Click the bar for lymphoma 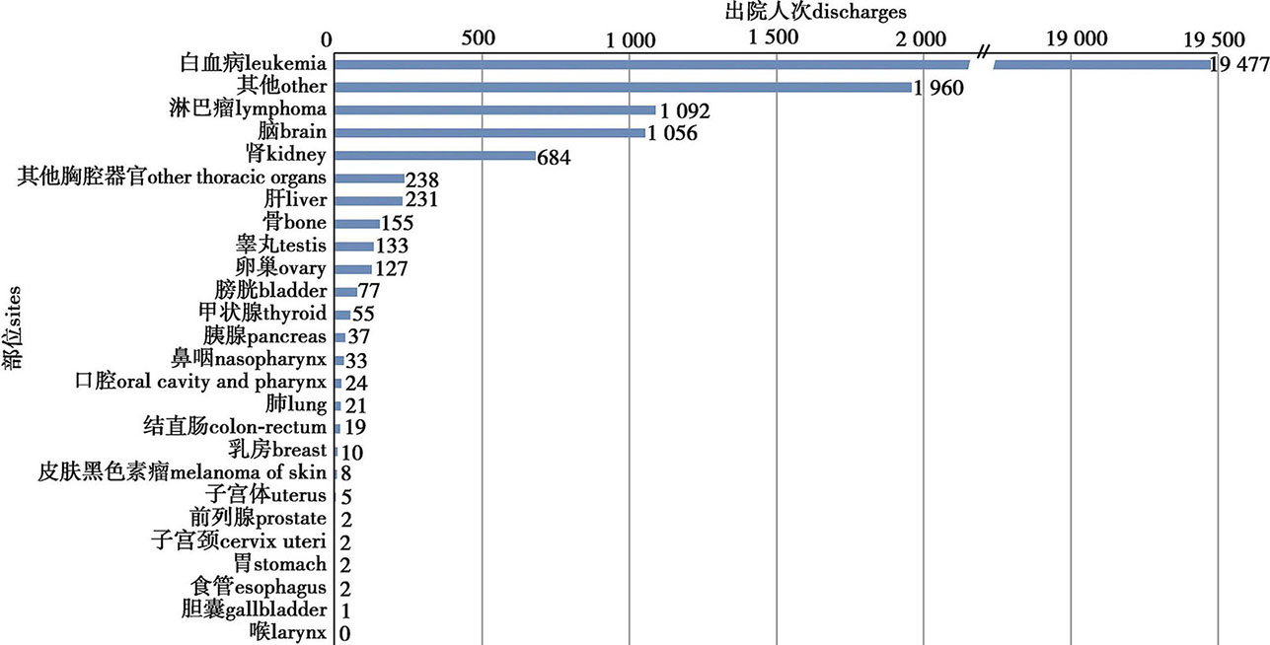coord(495,109)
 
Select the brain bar coord(490,132)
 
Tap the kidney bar coord(435,156)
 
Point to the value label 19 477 coord(1239,66)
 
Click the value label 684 coord(556,158)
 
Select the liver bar coord(369,200)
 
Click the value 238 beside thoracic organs coord(422,180)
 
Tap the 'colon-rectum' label coord(235,427)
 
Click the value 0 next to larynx coord(345,633)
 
